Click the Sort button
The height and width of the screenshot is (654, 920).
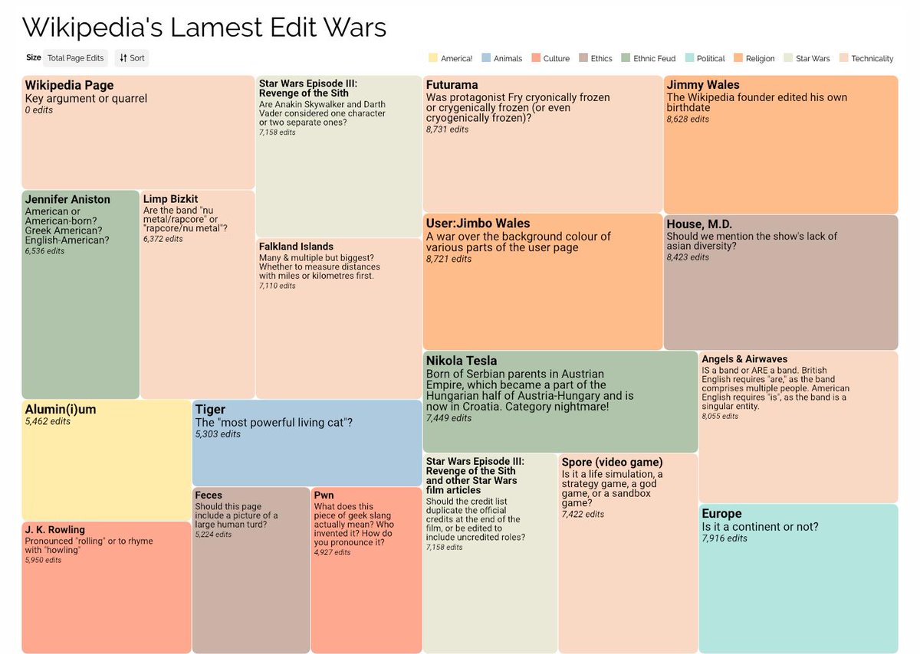click(x=132, y=57)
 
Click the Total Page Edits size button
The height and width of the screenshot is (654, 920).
click(x=74, y=57)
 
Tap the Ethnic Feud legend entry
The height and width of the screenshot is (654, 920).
click(x=654, y=58)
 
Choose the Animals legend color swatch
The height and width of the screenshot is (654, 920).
click(x=487, y=58)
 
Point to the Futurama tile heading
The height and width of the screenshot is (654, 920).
click(x=452, y=85)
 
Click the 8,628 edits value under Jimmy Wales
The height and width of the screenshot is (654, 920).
click(x=688, y=119)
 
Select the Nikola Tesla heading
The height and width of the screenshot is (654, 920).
click(x=462, y=361)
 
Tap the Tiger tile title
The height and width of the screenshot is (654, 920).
click(x=210, y=410)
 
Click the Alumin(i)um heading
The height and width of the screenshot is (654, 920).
click(x=61, y=410)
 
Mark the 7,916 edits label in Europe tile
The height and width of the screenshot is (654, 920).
click(x=724, y=538)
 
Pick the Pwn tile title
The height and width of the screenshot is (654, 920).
click(x=324, y=495)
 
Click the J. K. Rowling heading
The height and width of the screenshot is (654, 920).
click(x=55, y=530)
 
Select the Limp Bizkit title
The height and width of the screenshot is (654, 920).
click(x=170, y=199)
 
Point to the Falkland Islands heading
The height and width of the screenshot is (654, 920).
click(x=296, y=247)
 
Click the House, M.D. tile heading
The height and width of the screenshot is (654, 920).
click(x=699, y=224)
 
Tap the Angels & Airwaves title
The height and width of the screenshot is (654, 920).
click(x=744, y=359)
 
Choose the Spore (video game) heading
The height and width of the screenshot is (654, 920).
click(x=612, y=463)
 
